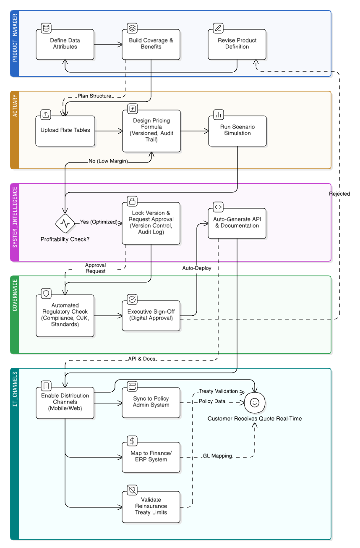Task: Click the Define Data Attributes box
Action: click(x=65, y=44)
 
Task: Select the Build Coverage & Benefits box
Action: click(x=151, y=44)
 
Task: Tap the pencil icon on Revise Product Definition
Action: click(x=218, y=28)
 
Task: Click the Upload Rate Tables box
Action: click(x=65, y=131)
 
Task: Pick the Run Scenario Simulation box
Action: click(x=237, y=131)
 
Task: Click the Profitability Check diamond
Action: click(x=65, y=223)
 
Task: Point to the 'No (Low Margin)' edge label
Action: click(x=108, y=161)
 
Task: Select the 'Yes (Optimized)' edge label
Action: click(x=99, y=222)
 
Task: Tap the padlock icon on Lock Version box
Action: click(x=132, y=201)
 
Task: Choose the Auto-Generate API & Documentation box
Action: click(x=237, y=223)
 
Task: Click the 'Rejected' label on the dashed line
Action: click(x=339, y=194)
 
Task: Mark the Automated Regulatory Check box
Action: click(x=65, y=315)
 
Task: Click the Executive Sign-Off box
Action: click(x=151, y=315)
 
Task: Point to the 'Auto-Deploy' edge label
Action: click(x=197, y=267)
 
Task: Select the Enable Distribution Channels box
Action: click(x=65, y=402)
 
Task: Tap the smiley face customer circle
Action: click(x=255, y=402)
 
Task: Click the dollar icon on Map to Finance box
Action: click(x=132, y=441)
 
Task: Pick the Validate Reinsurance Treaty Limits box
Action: click(x=151, y=506)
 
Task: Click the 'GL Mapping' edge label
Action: click(x=217, y=456)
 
